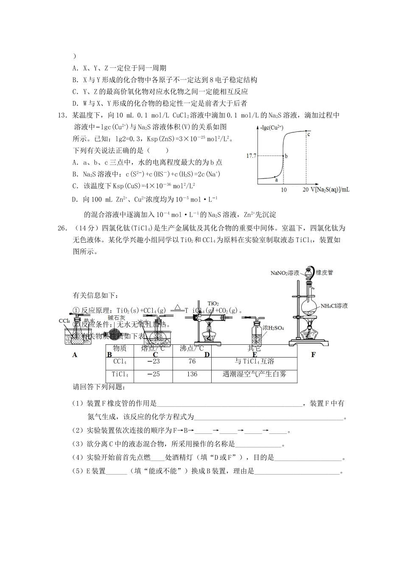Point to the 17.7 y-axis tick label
pos(251,156)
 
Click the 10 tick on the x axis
pos(284,190)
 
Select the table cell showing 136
pos(192,374)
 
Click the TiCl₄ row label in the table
pos(120,374)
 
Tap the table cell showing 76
pos(192,362)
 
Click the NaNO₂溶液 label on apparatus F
pos(285,273)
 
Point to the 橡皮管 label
pos(325,272)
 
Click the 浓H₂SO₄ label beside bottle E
pos(273,328)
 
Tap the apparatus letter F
pos(313,355)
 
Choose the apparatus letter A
pos(75,355)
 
